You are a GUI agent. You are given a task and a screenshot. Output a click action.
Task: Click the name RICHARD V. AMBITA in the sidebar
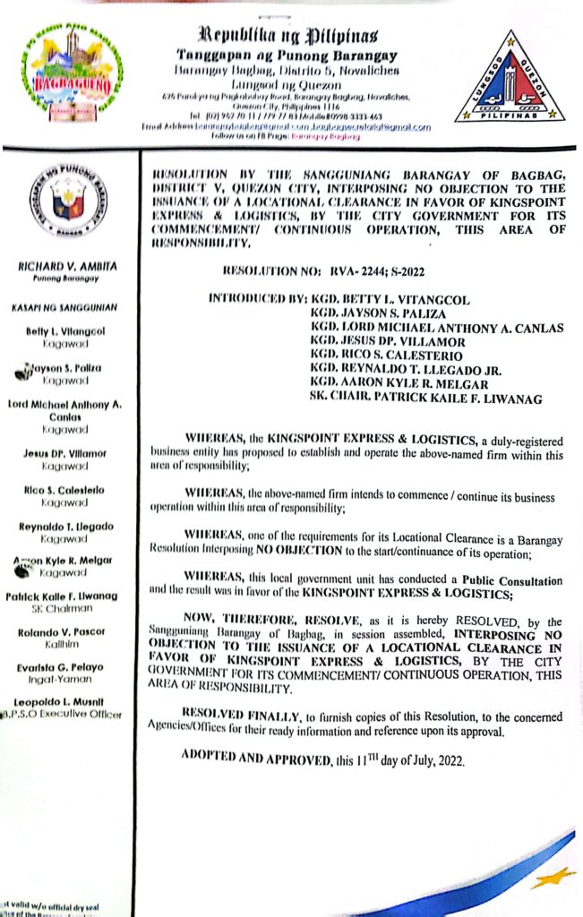click(x=69, y=267)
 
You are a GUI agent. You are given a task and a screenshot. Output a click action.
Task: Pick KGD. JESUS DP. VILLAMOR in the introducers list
click(x=387, y=341)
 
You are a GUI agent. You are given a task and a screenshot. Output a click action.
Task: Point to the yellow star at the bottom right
click(x=552, y=876)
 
